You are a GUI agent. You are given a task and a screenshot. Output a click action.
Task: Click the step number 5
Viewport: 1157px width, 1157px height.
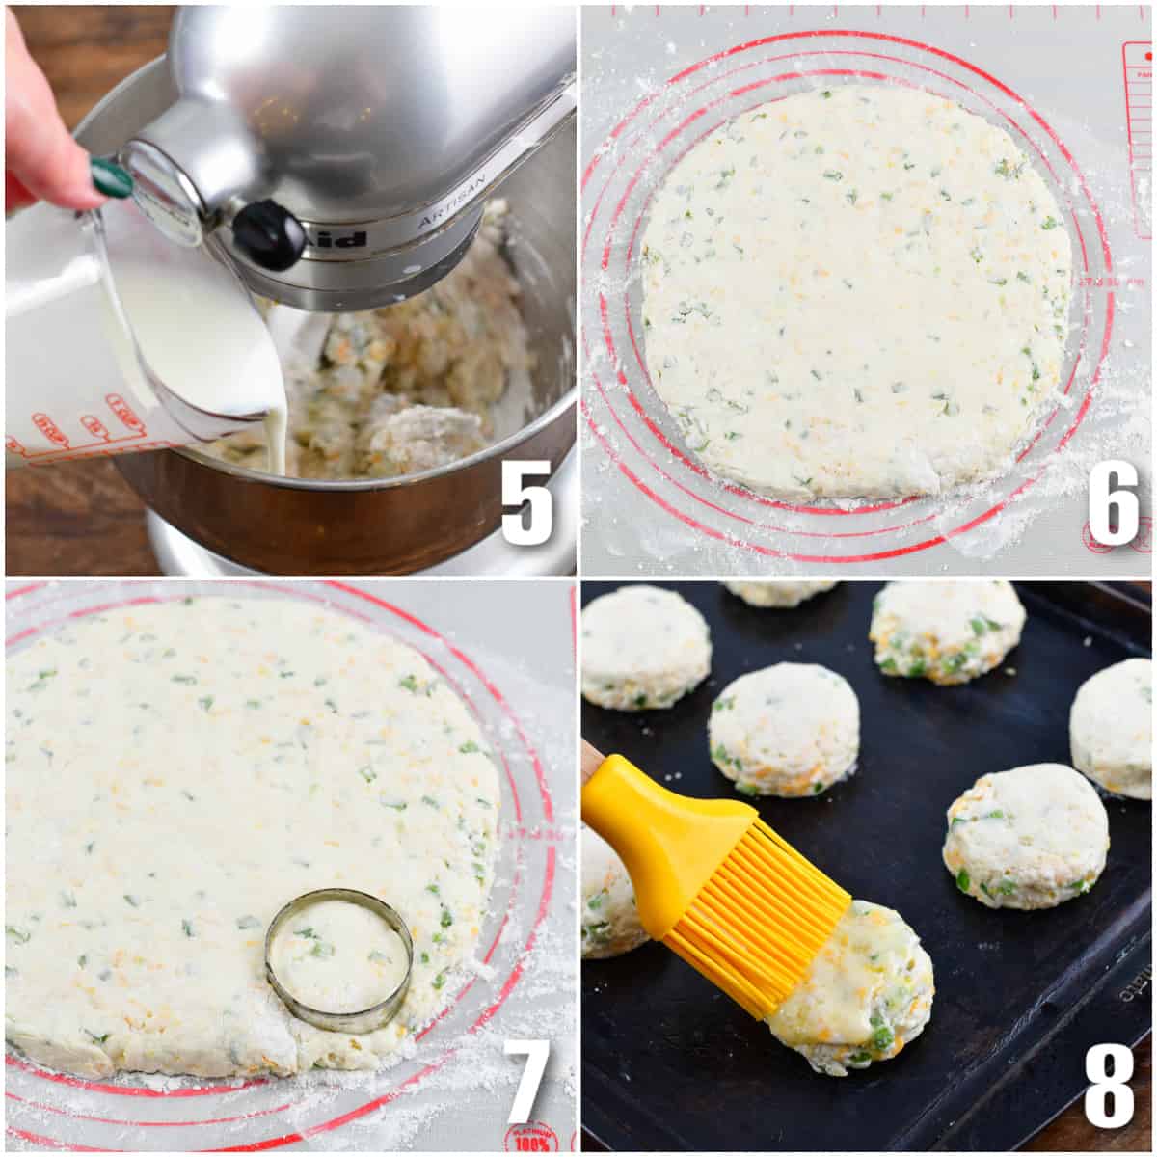point(526,501)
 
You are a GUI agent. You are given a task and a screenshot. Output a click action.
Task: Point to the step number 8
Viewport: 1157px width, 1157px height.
point(1109,1082)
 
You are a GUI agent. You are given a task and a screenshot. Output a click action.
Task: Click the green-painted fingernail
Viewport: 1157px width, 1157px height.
point(111,178)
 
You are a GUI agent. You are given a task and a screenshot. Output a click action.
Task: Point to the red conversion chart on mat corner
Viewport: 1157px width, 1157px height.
point(1138,135)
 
